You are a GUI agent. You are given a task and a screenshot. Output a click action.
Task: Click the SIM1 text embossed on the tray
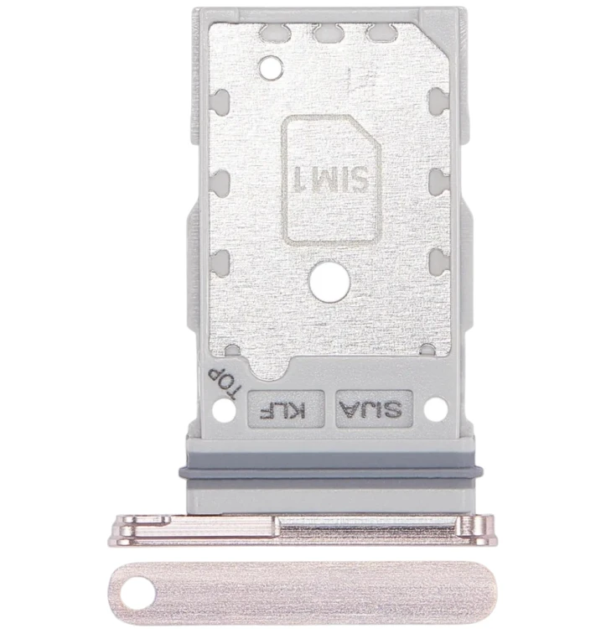coord(331,179)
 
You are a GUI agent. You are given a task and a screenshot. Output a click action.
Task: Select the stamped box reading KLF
coord(286,409)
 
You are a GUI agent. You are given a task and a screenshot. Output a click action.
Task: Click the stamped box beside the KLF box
coord(375,408)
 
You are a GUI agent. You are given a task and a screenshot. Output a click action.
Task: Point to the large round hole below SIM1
coord(329,282)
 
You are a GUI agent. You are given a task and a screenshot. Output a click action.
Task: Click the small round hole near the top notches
coord(271,67)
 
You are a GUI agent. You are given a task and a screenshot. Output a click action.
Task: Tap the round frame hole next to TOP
coord(224,409)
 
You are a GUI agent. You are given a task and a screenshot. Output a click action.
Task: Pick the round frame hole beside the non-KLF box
coord(436,409)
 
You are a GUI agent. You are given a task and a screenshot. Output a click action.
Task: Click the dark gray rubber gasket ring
coord(331,472)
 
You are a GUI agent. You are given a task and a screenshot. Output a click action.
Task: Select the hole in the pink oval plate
coord(137,593)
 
